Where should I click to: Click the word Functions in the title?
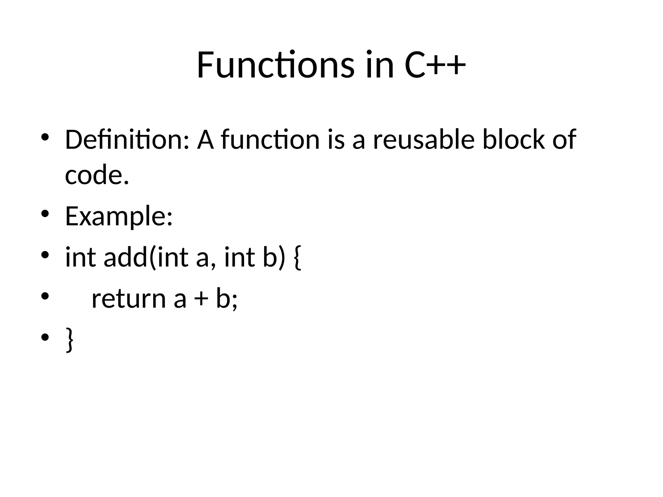click(275, 65)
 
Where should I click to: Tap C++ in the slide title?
click(435, 65)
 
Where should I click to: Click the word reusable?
click(424, 140)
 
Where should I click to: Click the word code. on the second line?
click(97, 176)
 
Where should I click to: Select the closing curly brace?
click(69, 339)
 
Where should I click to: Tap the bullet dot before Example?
click(45, 214)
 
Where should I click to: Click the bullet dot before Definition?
click(45, 137)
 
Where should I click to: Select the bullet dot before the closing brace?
click(45, 337)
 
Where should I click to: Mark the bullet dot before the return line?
click(45, 296)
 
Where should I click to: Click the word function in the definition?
click(270, 140)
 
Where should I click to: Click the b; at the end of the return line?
click(227, 298)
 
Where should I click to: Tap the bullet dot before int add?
click(45, 255)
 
